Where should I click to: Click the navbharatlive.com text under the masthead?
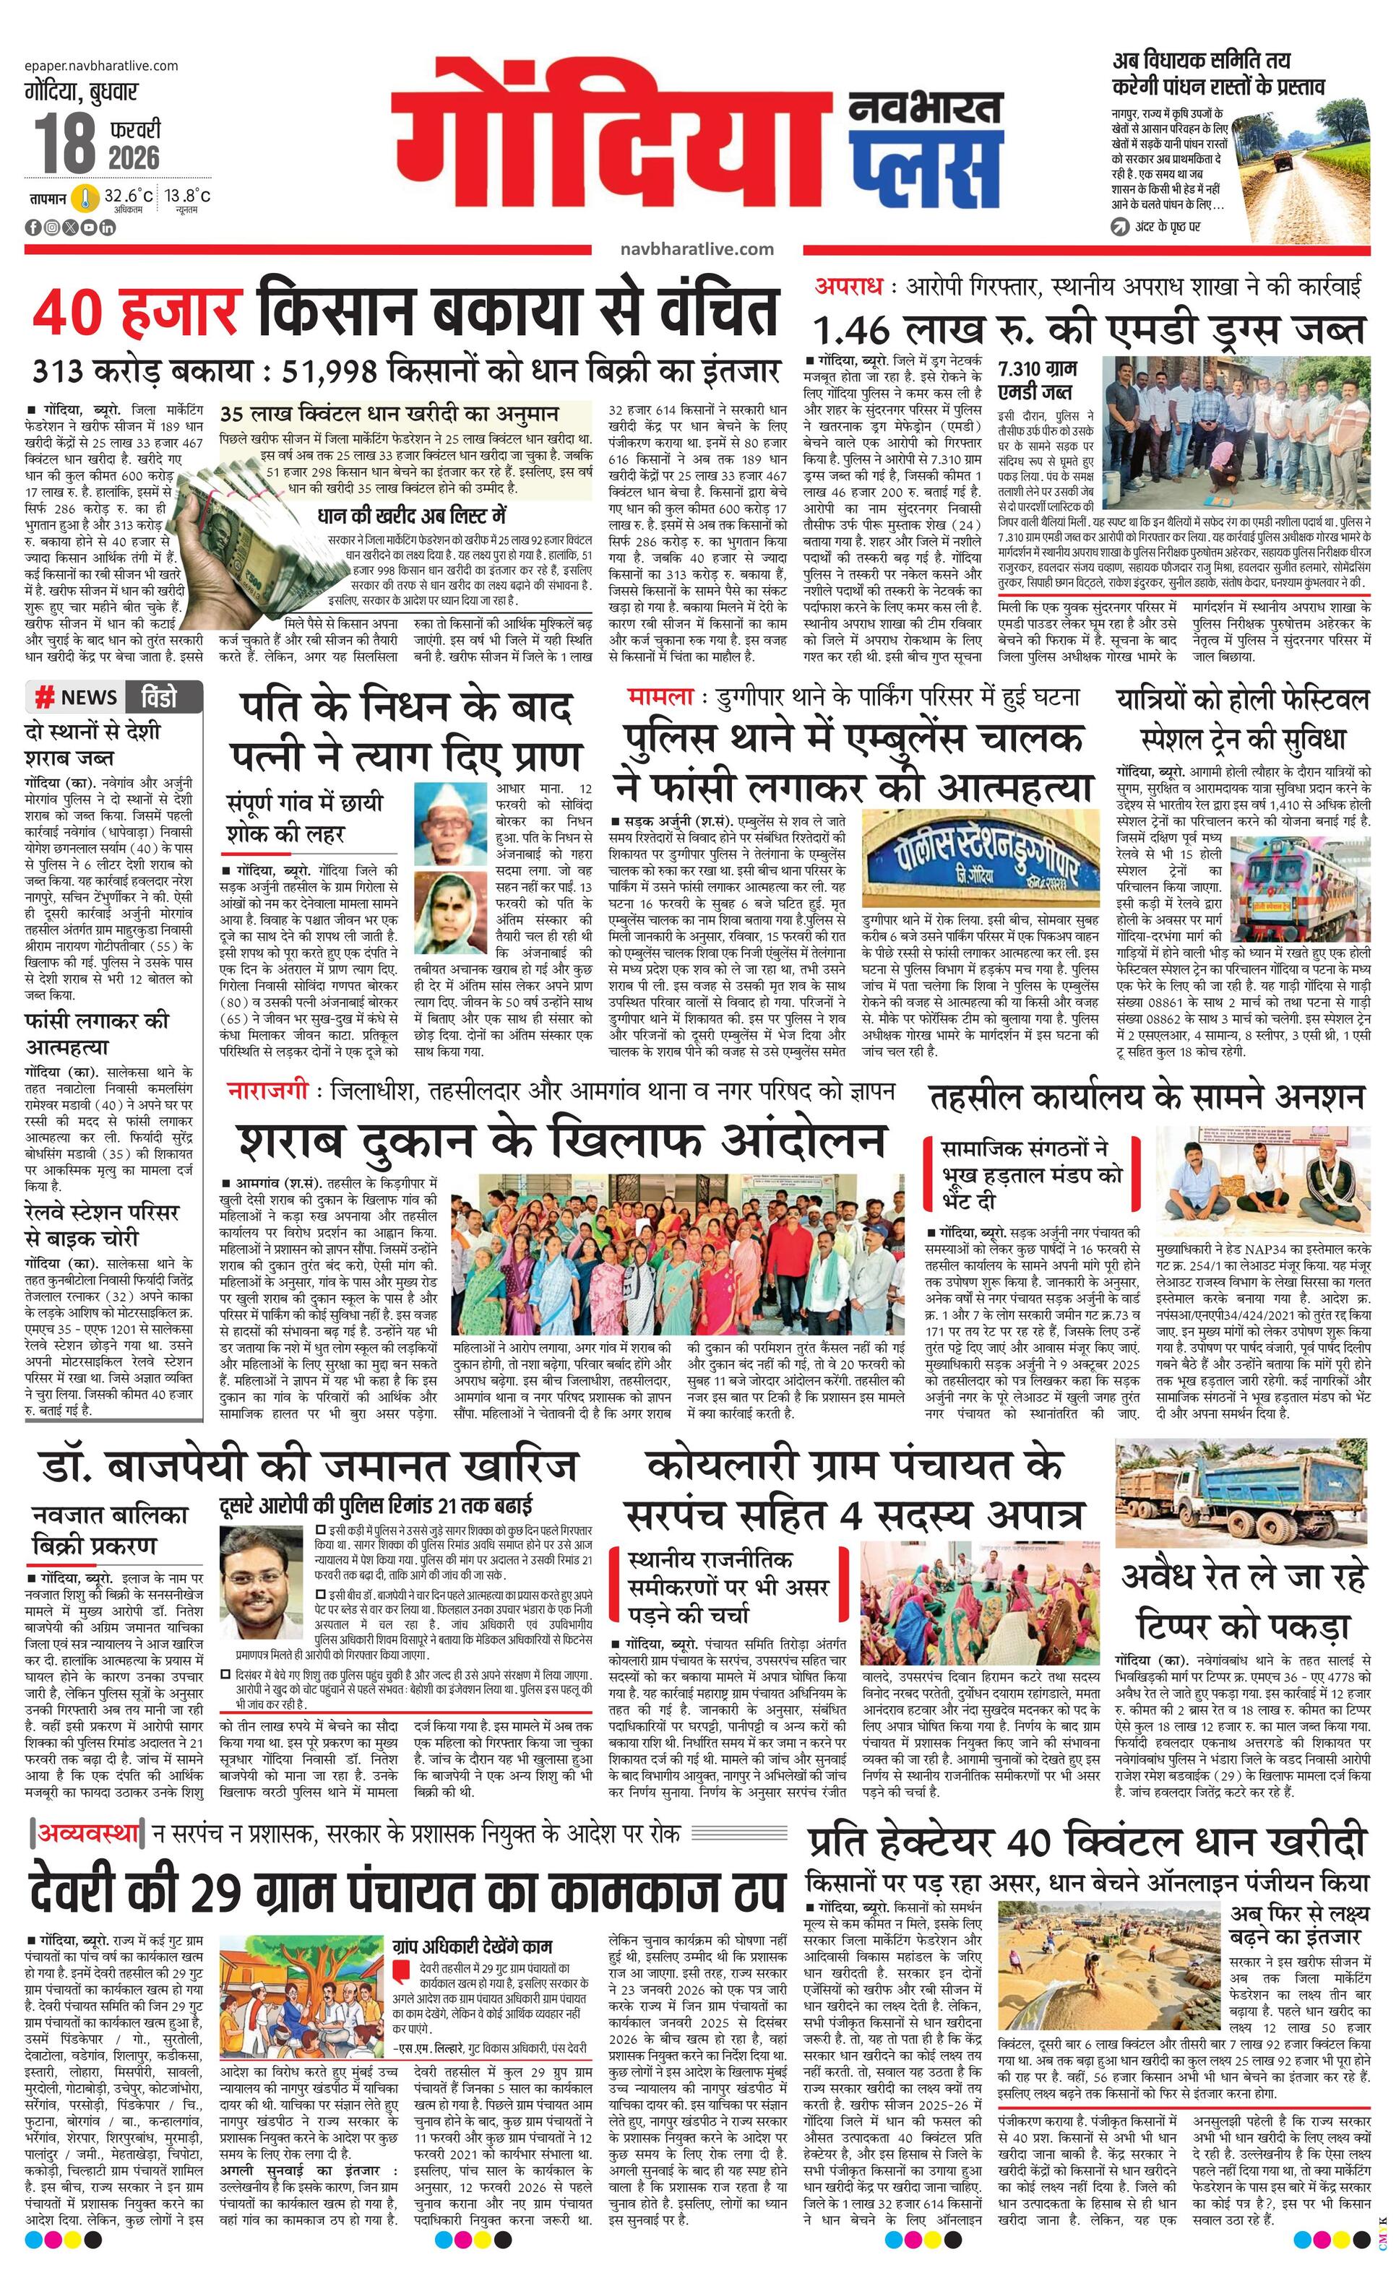tap(697, 248)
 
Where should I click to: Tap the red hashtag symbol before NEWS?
tap(43, 698)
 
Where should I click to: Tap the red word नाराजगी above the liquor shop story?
tap(267, 1091)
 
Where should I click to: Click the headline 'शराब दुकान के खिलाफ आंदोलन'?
tap(560, 1140)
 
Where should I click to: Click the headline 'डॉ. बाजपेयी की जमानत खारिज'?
tap(311, 1465)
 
